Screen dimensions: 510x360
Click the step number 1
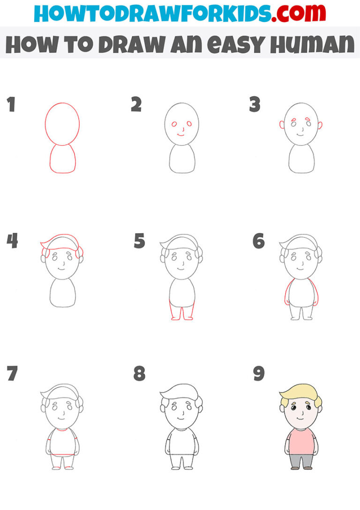[10, 105]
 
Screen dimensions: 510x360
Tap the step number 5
[139, 242]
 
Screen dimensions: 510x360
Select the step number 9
[258, 374]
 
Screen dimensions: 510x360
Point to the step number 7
[12, 374]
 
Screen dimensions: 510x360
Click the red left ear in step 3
[282, 125]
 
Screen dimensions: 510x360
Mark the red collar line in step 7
[62, 429]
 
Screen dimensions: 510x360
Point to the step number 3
[255, 105]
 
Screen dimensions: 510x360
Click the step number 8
[139, 374]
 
